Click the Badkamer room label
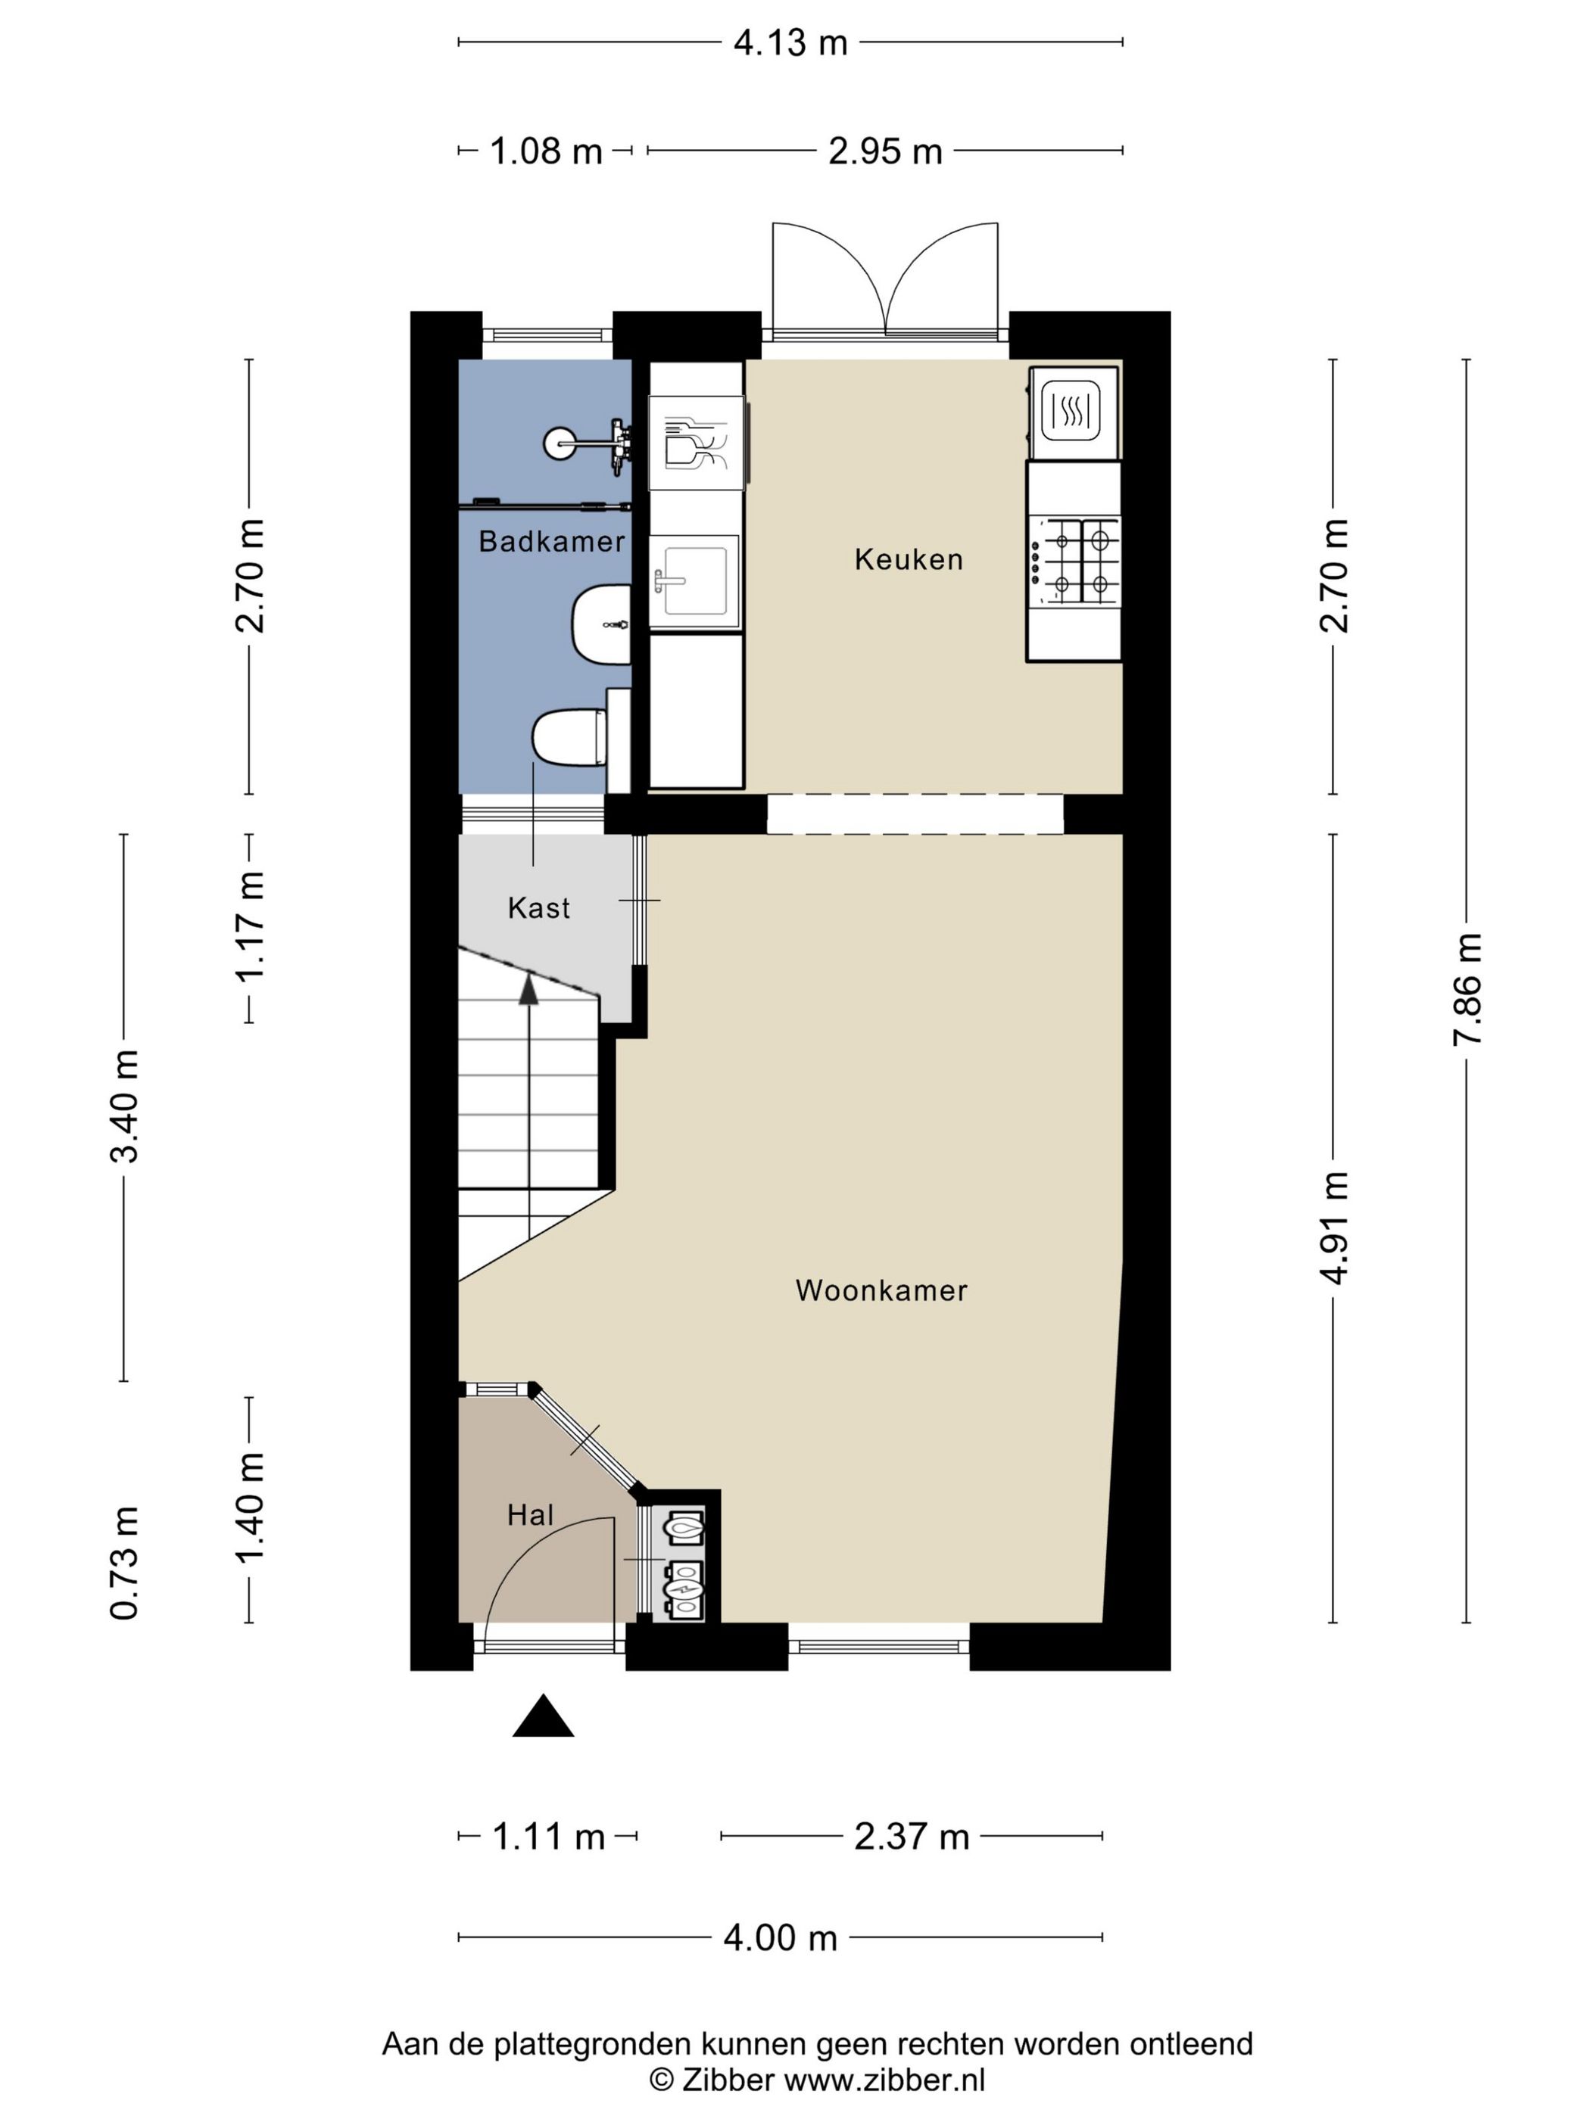tap(551, 542)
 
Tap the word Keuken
tap(909, 559)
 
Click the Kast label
tap(538, 908)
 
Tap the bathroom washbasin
tap(602, 624)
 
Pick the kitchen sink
tap(694, 581)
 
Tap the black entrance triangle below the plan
tap(544, 1716)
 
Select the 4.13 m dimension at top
tap(790, 43)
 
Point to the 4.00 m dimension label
tap(780, 1938)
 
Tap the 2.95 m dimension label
tap(886, 151)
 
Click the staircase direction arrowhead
tap(528, 988)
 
